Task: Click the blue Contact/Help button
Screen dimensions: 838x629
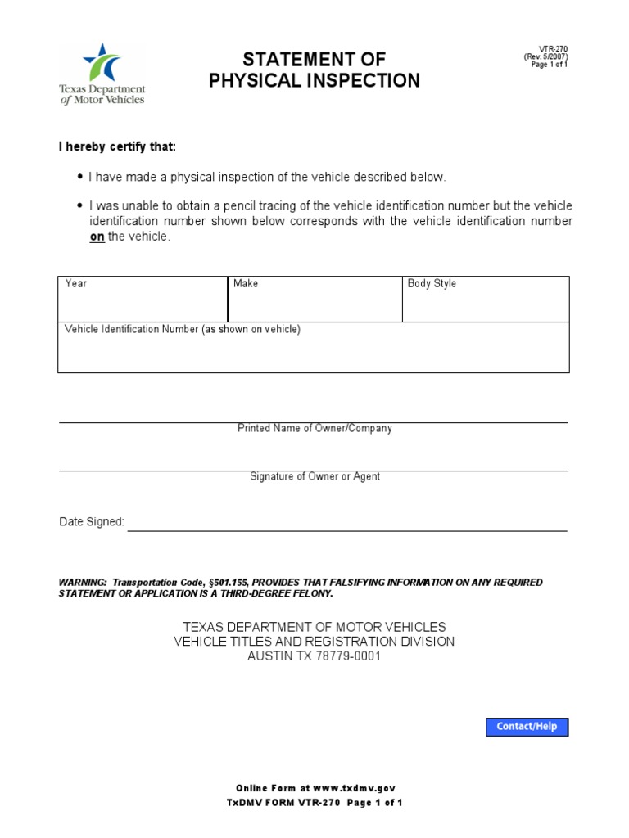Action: [x=527, y=727]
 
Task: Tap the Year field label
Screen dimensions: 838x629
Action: [x=76, y=284]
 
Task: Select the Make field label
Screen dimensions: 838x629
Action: [x=246, y=284]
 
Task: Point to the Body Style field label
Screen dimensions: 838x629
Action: [x=432, y=284]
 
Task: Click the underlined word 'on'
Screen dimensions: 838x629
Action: [x=97, y=237]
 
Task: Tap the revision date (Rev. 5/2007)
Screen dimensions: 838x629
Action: [x=545, y=57]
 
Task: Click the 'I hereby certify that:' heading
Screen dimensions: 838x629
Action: [x=116, y=147]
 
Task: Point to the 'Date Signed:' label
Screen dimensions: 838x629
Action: [x=92, y=522]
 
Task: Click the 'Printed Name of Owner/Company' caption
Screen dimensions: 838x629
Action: [x=314, y=429]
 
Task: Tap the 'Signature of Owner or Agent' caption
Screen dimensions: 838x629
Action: [x=314, y=477]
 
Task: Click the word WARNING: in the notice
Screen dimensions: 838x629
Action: [x=83, y=583]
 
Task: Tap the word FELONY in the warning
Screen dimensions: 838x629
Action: [x=312, y=593]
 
